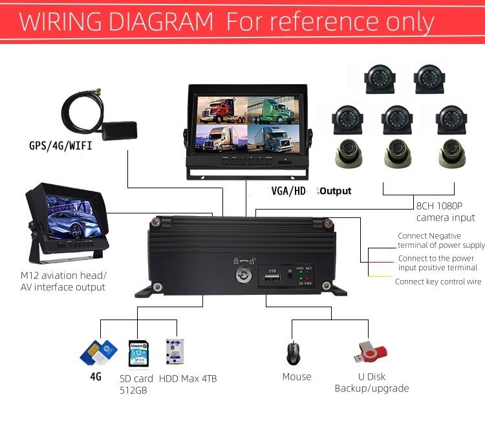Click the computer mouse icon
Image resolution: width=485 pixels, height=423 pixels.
[293, 353]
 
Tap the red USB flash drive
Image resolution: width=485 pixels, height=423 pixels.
[370, 351]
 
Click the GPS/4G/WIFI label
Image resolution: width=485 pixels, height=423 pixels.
[61, 146]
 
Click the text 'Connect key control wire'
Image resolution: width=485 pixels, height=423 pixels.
[438, 281]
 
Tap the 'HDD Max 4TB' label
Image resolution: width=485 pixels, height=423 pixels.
[188, 378]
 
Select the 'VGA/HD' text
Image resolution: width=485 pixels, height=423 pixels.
[288, 191]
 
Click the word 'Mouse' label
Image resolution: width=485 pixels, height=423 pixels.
[297, 376]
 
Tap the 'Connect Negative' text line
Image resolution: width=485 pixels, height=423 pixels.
[429, 236]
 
